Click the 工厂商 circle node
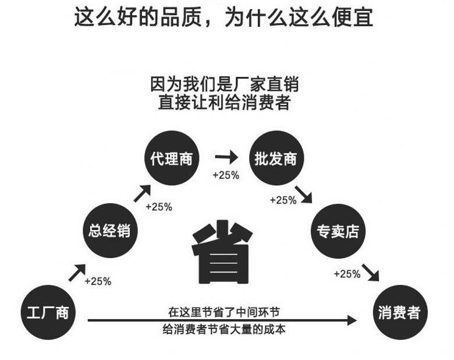point(48,313)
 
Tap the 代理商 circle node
point(171,158)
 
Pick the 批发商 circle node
point(275,158)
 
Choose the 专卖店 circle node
point(338,231)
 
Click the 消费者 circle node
point(399,313)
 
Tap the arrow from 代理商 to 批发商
point(226,157)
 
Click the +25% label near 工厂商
point(98,281)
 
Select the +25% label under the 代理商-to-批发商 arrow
point(226,175)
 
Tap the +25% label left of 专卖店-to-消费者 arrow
point(347,274)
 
